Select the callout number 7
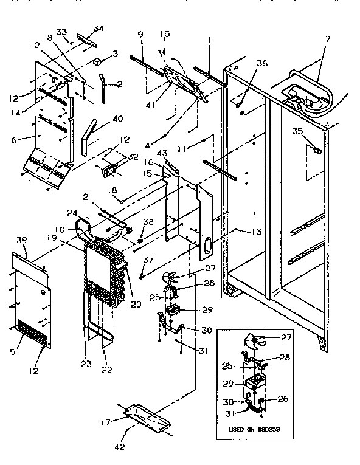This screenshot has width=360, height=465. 328,40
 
